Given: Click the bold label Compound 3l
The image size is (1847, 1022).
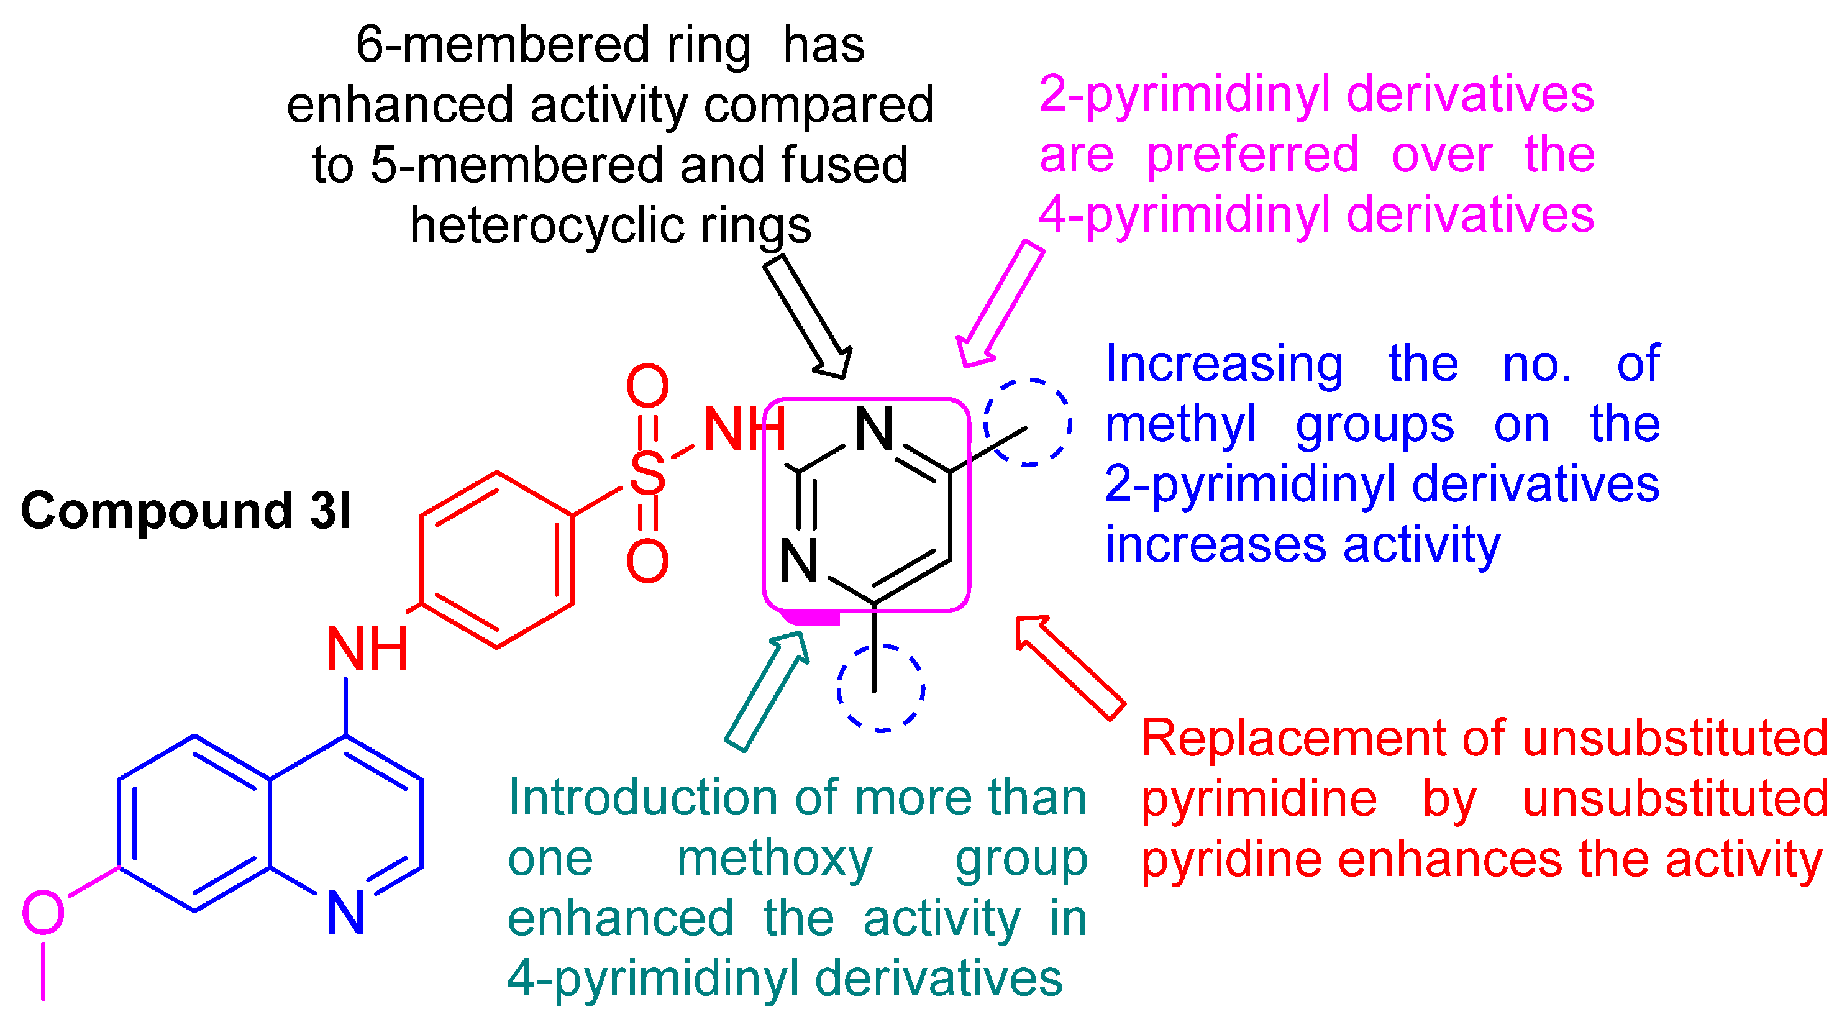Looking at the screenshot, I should pyautogui.click(x=186, y=511).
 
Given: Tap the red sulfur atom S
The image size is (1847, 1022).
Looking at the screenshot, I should pyautogui.click(x=647, y=473).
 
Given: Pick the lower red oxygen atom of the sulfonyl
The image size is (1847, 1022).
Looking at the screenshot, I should pyautogui.click(x=647, y=560).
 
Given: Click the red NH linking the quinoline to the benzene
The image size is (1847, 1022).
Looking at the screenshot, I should pyautogui.click(x=367, y=649).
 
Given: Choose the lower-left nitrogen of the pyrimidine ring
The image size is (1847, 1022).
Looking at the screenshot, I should pyautogui.click(x=799, y=560).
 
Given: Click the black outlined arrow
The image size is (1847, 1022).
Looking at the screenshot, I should pyautogui.click(x=809, y=316).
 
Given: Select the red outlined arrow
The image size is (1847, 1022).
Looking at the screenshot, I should pyautogui.click(x=1070, y=667).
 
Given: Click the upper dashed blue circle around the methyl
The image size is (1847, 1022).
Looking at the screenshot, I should pyautogui.click(x=1028, y=422).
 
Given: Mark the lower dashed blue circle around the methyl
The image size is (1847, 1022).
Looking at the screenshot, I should pyautogui.click(x=880, y=688).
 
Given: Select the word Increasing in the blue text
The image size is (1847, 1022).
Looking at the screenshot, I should pyautogui.click(x=1224, y=363).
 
